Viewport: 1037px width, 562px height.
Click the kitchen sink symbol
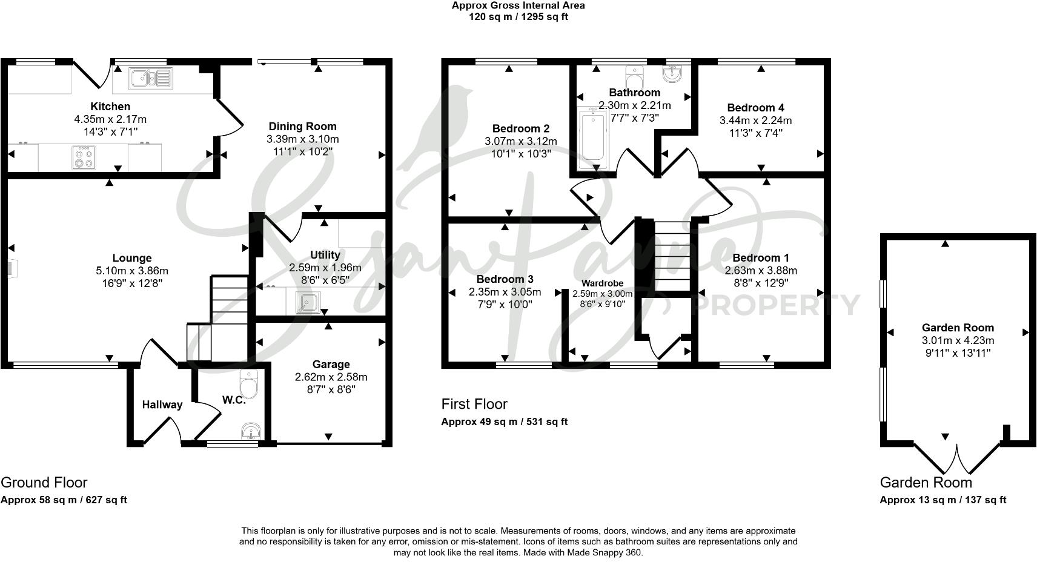pos(151,78)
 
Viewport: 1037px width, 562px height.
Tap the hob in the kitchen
pos(84,158)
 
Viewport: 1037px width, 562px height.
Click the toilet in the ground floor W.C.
pos(249,384)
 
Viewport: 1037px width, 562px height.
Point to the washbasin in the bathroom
pos(672,74)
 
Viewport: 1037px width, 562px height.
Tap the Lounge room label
pos(132,258)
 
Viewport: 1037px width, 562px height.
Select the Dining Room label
pos(302,127)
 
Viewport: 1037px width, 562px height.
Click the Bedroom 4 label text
pos(755,108)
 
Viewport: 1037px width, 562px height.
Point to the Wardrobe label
pos(602,283)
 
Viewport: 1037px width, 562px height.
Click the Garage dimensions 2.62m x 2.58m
pos(331,377)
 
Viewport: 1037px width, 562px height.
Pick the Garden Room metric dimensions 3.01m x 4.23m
pos(958,340)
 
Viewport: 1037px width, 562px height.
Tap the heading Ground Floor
pos(44,483)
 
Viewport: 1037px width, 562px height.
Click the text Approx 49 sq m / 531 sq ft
pos(504,422)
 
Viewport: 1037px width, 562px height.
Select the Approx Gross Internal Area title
pos(518,5)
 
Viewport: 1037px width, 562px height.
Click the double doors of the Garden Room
pos(957,460)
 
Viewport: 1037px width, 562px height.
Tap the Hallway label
pos(162,405)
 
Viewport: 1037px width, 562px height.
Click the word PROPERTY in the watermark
pos(775,305)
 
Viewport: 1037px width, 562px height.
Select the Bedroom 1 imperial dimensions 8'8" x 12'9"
pos(761,283)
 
